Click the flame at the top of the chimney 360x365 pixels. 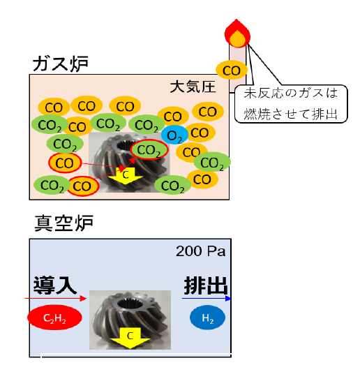237,33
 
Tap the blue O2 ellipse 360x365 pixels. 174,135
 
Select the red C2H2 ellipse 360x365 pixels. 54,318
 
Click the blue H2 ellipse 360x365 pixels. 208,318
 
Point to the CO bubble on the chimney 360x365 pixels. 232,70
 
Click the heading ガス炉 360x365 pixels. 61,64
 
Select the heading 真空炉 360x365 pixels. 64,223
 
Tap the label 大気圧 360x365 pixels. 193,87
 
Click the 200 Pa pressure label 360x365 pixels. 201,251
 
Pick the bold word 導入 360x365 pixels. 55,285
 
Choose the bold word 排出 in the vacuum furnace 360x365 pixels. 206,285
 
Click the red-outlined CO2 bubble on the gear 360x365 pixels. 149,149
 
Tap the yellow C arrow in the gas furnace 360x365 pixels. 126,176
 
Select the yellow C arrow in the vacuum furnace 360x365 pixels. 130,338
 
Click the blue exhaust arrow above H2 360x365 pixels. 207,299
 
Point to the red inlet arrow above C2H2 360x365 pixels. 56,298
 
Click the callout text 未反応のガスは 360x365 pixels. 291,93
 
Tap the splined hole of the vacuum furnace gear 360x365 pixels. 128,304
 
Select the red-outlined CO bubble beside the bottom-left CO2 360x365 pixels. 82,186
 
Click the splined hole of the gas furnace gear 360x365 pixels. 125,146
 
